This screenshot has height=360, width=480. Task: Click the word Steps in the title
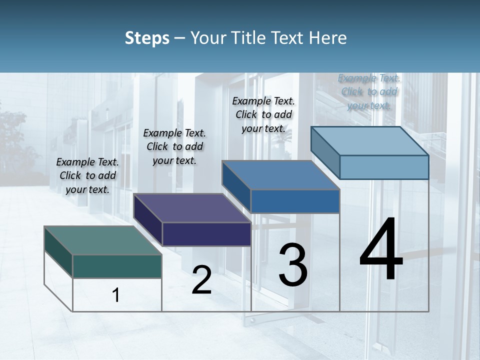(x=147, y=38)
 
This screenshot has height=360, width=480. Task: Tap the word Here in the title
(x=328, y=38)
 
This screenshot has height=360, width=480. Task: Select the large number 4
(x=381, y=250)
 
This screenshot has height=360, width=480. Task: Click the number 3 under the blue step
(x=292, y=264)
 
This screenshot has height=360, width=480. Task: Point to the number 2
(x=201, y=280)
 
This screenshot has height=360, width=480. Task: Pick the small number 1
(x=116, y=295)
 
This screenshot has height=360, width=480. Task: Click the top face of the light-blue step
(x=370, y=140)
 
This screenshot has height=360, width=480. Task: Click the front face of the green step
(x=117, y=266)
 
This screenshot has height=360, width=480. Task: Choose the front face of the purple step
(x=206, y=234)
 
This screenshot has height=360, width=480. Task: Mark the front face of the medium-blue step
(x=295, y=201)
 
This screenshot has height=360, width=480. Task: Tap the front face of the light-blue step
(x=384, y=167)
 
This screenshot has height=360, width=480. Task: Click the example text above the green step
(x=87, y=175)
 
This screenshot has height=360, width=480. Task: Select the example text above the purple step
(x=174, y=146)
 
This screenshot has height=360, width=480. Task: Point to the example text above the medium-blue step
(x=263, y=114)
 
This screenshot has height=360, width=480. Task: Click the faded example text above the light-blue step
(x=369, y=91)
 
